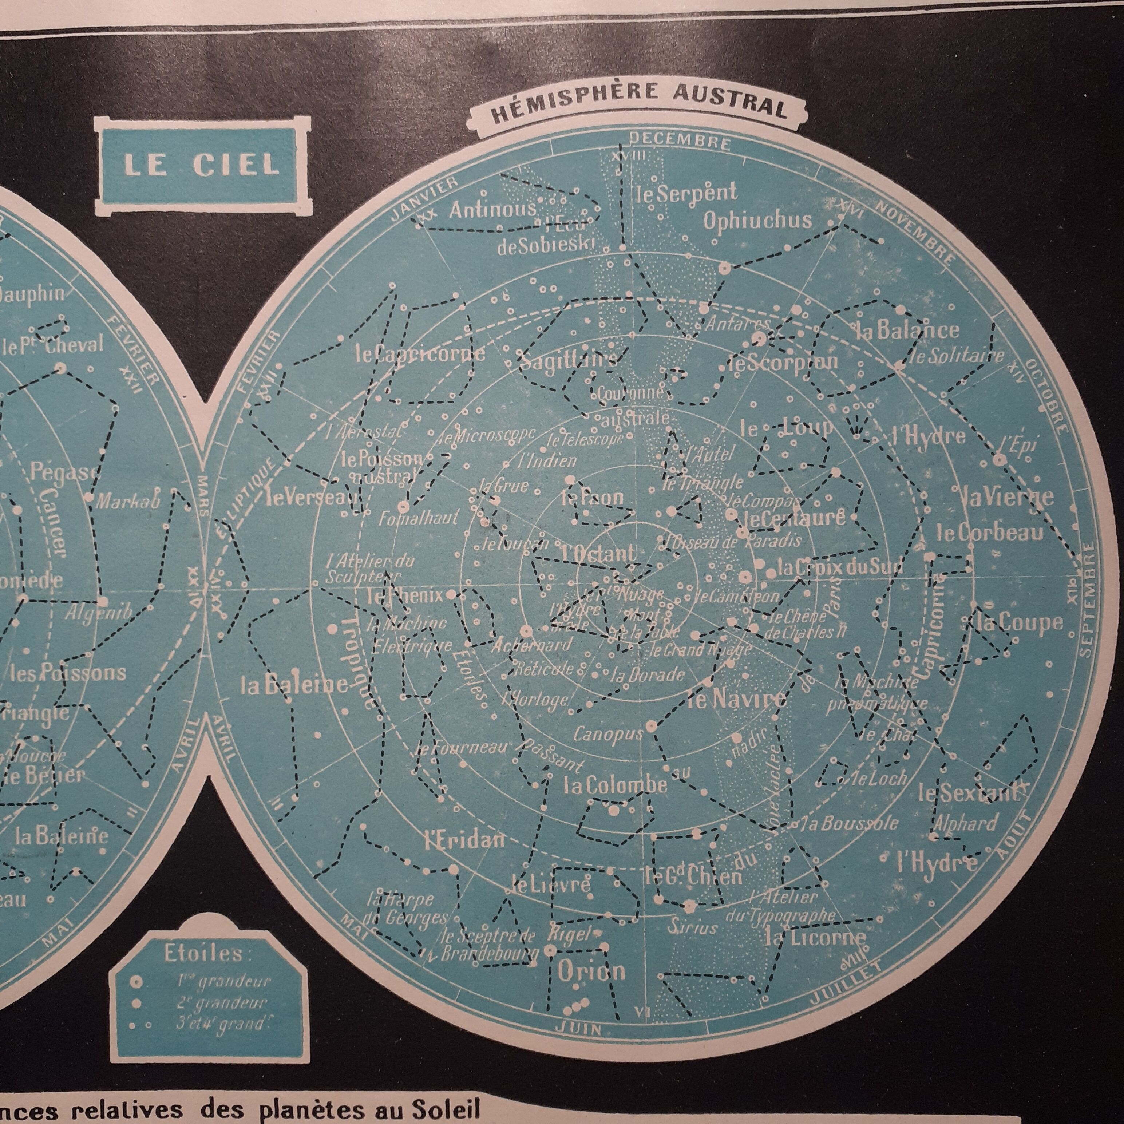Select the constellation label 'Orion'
592,971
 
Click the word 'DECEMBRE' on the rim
680,141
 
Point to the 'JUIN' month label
586,1028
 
